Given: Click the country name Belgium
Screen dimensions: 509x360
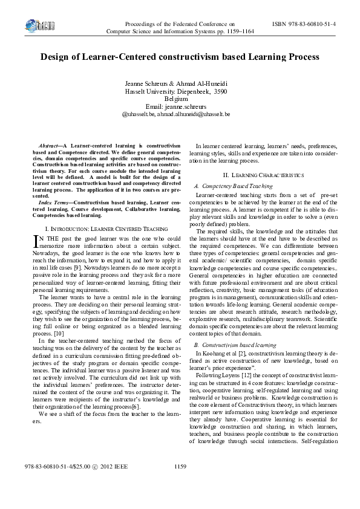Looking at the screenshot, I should (x=180, y=97).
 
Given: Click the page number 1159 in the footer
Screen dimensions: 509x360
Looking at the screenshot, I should (x=180, y=484).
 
